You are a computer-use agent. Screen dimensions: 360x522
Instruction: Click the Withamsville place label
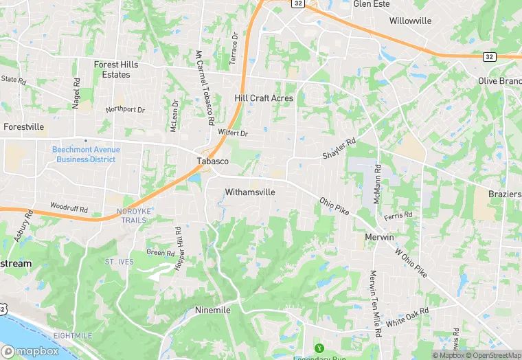[250, 192]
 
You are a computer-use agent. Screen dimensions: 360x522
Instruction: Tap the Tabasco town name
[212, 161]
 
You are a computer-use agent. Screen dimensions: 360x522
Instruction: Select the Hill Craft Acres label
[264, 98]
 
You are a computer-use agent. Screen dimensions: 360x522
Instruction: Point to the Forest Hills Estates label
[116, 69]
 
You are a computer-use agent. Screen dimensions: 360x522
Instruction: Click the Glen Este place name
[371, 4]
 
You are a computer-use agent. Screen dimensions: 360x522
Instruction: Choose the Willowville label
[410, 21]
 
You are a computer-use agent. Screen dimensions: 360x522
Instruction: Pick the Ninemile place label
[212, 310]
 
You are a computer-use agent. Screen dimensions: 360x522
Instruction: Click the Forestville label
[23, 127]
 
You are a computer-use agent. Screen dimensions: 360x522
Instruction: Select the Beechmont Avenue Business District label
[86, 155]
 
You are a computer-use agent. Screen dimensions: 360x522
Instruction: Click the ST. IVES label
[119, 262]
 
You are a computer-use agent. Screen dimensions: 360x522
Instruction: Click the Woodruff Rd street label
[69, 207]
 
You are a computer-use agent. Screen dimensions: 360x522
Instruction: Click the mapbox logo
[30, 351]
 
